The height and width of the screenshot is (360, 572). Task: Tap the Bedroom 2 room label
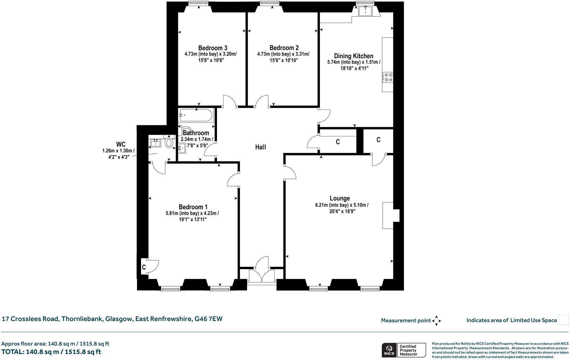point(284,48)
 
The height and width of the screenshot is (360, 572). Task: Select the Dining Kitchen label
point(353,56)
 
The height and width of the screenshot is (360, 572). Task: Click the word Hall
point(260,147)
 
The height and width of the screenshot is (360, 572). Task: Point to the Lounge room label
point(340,198)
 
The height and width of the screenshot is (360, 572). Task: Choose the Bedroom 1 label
point(193,207)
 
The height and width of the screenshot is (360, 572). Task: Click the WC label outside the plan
point(121,145)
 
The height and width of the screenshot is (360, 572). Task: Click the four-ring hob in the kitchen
point(388,77)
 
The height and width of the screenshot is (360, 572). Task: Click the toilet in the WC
point(169,143)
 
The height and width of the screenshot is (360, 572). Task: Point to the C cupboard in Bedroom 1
point(144,267)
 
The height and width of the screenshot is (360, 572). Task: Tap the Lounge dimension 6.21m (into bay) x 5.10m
point(342,205)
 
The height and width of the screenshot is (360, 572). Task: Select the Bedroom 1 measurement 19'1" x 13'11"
point(193,220)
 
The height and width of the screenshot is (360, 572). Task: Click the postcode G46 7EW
point(208,319)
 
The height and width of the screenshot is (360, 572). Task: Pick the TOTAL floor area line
point(51,352)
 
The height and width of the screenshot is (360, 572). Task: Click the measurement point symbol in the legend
point(436,321)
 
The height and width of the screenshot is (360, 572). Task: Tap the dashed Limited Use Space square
point(564,320)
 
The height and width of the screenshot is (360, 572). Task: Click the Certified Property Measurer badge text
point(408,350)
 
